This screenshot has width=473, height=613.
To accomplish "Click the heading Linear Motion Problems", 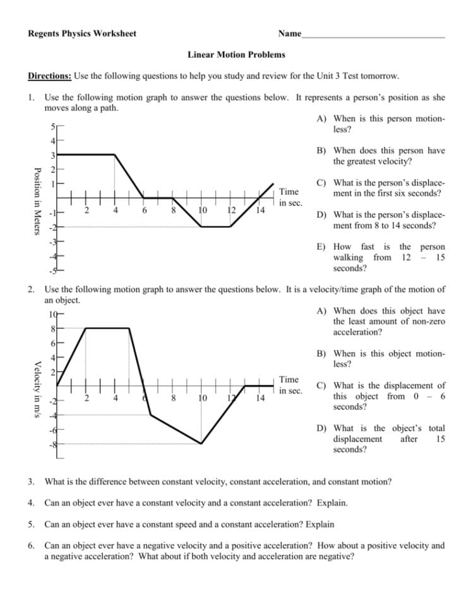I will tap(236, 55).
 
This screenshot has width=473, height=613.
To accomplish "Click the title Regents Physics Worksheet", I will tap(82, 33).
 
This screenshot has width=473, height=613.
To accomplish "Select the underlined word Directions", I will tap(50, 76).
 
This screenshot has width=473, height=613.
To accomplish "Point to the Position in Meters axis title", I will tap(37, 200).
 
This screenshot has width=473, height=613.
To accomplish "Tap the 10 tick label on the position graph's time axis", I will tap(202, 210).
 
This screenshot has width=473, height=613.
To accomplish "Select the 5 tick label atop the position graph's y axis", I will tap(54, 126).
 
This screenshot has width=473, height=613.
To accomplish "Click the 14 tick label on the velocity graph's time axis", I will tap(260, 399).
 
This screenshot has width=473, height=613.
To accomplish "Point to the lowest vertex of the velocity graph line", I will tap(201, 444).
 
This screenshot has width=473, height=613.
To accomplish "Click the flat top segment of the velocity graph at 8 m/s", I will tap(107, 328).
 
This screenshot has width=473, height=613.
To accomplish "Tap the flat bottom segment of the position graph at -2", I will tap(216, 226).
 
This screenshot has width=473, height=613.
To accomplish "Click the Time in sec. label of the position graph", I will tap(289, 197).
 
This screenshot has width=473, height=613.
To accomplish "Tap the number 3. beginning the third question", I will tap(31, 482).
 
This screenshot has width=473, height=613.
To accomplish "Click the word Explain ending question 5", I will tap(319, 524).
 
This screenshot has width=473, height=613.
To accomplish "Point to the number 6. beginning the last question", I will tap(31, 545).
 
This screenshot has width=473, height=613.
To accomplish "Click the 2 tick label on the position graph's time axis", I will tap(87, 210).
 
